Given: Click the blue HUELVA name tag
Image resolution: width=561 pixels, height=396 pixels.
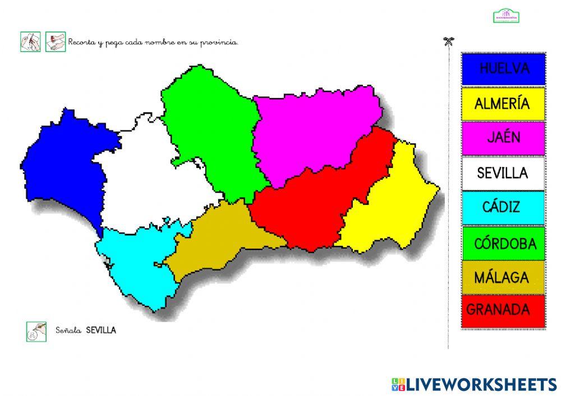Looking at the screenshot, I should click(x=503, y=69).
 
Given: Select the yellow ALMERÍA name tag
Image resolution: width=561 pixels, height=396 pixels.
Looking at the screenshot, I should click(x=503, y=104).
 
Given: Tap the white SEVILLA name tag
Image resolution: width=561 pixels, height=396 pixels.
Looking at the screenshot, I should click(x=503, y=173).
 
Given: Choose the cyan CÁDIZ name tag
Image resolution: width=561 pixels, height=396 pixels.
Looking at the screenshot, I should click(x=503, y=208).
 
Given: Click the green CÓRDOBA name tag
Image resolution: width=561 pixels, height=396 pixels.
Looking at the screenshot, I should click(x=503, y=243).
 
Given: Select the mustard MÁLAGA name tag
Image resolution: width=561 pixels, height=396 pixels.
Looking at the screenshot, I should click(x=503, y=277).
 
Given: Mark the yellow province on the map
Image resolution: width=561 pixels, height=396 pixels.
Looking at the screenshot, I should click(x=387, y=207).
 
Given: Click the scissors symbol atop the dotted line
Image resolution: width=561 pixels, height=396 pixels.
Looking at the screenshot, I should click(x=448, y=41).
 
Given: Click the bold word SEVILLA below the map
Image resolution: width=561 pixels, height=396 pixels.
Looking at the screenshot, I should click(x=101, y=330).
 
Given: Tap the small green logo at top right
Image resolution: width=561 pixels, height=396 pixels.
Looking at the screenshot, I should click(x=506, y=16).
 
